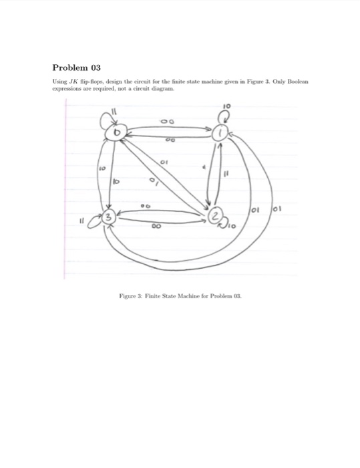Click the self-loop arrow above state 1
pos(223,117)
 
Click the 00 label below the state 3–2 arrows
pos(158,227)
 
